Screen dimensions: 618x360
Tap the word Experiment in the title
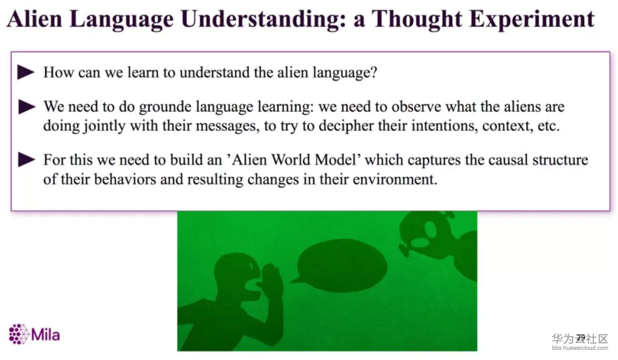tap(531, 19)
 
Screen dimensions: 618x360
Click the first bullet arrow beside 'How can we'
tap(26, 72)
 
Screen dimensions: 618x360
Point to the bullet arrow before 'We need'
tap(27, 107)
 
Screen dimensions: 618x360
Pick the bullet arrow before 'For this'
tap(27, 160)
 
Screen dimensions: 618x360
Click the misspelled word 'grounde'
tap(165, 107)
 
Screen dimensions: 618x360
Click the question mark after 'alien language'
tap(374, 72)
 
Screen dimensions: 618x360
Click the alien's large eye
tap(430, 230)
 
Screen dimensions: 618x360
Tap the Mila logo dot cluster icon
tap(19, 334)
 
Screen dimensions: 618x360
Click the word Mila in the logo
tap(45, 334)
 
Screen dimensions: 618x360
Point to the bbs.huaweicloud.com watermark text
tap(580, 348)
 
